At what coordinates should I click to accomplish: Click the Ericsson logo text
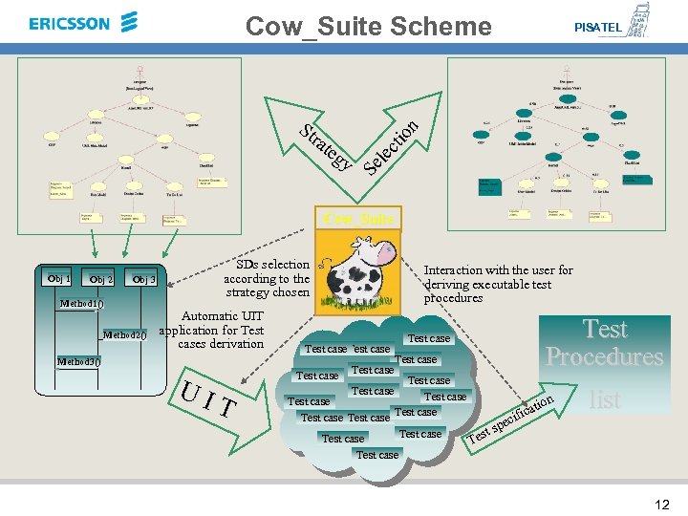point(70,23)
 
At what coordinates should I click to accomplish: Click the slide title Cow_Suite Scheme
point(368,26)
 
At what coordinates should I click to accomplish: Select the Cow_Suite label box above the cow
point(358,219)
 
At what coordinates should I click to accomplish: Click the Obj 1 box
point(58,278)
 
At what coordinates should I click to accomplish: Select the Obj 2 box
point(100,279)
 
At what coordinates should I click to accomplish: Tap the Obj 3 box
point(143,279)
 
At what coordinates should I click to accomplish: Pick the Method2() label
point(123,334)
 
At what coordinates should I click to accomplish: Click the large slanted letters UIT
point(208,398)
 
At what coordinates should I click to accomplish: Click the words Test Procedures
point(604,343)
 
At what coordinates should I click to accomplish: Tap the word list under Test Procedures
point(604,399)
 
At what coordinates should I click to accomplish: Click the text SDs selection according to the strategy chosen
point(267,278)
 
